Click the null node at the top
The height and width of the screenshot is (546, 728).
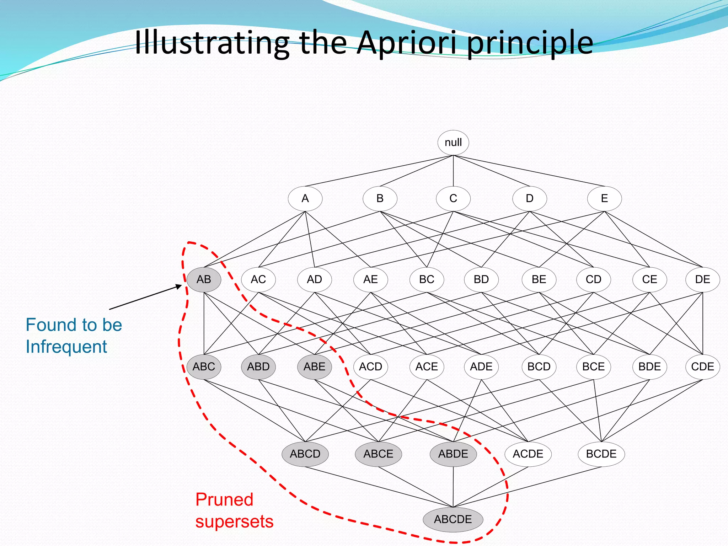point(453,143)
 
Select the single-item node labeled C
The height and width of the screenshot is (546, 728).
point(453,198)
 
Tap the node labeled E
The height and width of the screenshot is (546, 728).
point(604,198)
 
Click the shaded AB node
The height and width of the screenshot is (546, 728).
point(204,279)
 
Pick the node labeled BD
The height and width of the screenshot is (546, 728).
point(481,279)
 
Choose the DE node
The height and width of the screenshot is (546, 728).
point(702,279)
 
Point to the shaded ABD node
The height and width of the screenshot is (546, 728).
point(258,366)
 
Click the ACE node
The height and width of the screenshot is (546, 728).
point(427,366)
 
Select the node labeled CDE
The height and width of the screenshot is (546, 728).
point(702,366)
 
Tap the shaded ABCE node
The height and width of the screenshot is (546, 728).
point(378,454)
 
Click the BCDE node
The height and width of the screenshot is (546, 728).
point(601,454)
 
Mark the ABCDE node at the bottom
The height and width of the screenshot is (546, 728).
point(453,519)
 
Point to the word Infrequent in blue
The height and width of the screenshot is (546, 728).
point(66,347)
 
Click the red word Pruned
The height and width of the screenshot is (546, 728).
point(224,500)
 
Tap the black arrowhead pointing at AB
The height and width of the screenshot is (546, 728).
point(179,287)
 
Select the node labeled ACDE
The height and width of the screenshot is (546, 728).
point(528,454)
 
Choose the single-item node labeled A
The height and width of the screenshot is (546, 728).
point(305,198)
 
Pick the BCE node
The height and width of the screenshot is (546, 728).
point(593,366)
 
